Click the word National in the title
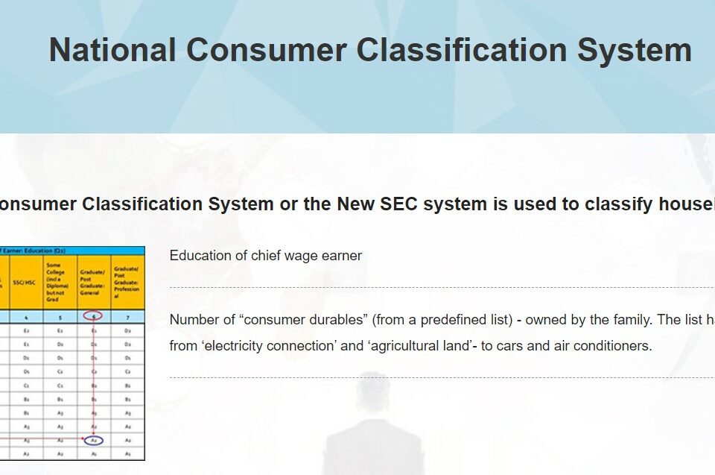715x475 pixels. pos(112,50)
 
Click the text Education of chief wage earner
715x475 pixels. pos(266,256)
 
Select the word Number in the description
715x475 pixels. pos(192,320)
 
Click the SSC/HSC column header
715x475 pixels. pos(23,282)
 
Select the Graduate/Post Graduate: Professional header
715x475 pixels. pos(127,282)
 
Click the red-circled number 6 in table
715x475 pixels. pos(94,315)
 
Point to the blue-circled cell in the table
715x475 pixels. pos(94,440)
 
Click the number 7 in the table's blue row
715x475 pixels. pos(127,315)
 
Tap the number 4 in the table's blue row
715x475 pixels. pos(26,315)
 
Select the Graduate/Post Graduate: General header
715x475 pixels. pos(93,282)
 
